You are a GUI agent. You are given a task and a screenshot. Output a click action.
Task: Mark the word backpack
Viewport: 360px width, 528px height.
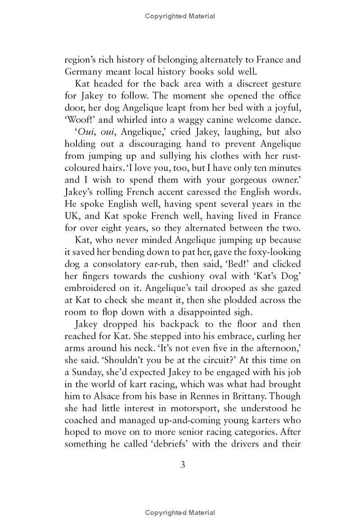(x=180, y=324)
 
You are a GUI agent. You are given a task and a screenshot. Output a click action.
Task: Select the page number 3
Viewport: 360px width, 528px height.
(x=183, y=465)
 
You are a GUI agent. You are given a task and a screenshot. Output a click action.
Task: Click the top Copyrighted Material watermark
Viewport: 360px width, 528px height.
(x=180, y=16)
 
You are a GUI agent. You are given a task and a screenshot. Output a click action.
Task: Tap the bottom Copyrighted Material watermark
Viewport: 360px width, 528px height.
(x=180, y=513)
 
